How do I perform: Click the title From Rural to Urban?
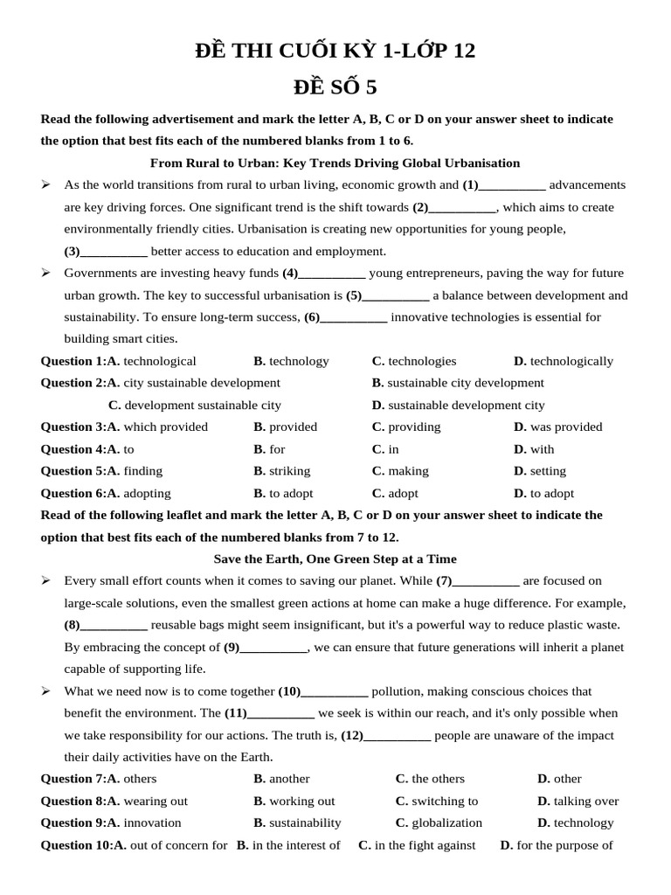point(335,163)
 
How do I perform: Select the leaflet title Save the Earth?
point(335,559)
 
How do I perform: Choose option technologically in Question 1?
point(571,361)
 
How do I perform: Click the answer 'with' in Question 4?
point(542,449)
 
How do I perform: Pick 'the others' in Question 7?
point(438,779)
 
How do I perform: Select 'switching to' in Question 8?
point(445,801)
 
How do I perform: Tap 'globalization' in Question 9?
point(446,822)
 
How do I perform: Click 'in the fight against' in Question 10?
point(425,845)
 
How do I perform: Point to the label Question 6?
point(73,494)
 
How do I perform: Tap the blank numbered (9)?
point(273,649)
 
